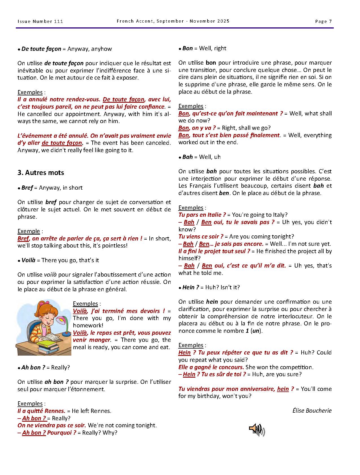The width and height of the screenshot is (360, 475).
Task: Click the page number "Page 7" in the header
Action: click(x=323, y=21)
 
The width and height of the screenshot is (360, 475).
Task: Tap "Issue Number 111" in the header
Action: click(x=40, y=21)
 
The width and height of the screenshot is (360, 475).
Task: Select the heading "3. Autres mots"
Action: click(x=41, y=173)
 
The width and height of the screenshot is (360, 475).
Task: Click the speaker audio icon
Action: click(x=257, y=430)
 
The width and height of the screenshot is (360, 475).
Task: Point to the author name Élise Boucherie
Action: click(x=312, y=411)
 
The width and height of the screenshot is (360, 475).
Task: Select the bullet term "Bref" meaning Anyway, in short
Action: click(x=27, y=188)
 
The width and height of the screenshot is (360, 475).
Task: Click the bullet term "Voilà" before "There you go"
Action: click(x=28, y=260)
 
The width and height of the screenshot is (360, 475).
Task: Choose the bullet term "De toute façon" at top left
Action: click(x=41, y=49)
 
